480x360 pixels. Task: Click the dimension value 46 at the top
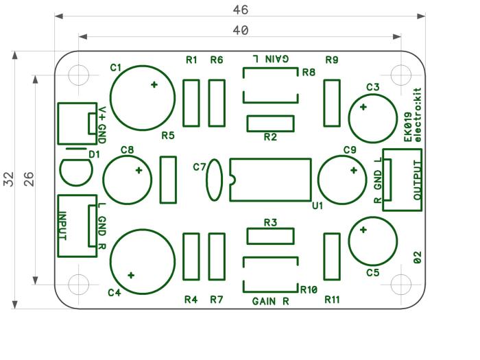tap(240, 10)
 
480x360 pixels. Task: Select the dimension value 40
tap(240, 30)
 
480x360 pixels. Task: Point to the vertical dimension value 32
tap(9, 179)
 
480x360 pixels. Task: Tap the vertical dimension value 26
tap(29, 179)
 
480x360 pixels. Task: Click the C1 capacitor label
tap(116, 68)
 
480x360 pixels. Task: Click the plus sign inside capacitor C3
tap(363, 107)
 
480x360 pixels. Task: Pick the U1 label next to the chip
tap(317, 206)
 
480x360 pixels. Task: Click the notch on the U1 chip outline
tap(232, 180)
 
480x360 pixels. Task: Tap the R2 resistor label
tap(270, 137)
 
